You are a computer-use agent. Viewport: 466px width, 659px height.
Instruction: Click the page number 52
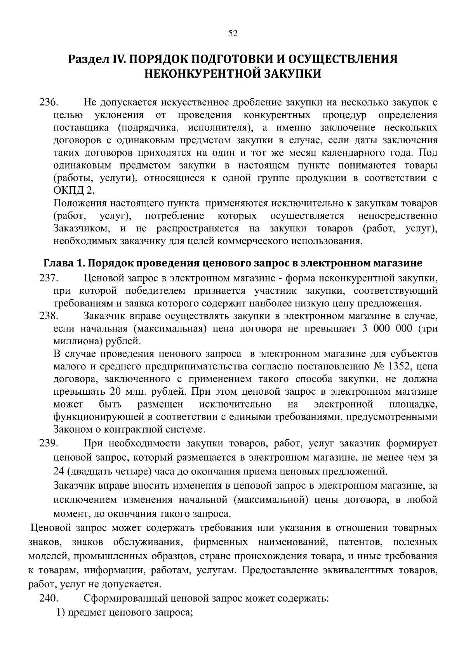click(x=233, y=33)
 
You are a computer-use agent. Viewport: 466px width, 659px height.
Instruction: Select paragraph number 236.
click(x=49, y=103)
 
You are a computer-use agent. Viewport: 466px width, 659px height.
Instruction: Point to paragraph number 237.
click(x=49, y=278)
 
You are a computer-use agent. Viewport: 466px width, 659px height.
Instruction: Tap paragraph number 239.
click(x=49, y=443)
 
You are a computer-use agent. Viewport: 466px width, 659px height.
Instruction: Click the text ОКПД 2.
click(x=73, y=191)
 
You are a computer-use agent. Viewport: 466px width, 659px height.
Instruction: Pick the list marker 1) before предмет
click(x=61, y=612)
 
